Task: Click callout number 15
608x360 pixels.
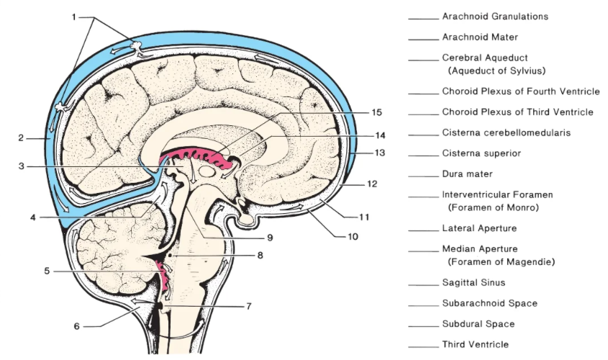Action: (376, 112)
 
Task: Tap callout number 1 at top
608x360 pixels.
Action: (74, 17)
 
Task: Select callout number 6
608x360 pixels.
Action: (77, 326)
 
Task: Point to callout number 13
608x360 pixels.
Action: (380, 153)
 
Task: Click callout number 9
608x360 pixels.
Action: (270, 238)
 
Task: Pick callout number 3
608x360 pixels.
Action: (22, 166)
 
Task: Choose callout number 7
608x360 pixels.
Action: (248, 307)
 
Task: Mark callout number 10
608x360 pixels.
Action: (353, 236)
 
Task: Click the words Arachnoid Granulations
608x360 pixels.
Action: (495, 17)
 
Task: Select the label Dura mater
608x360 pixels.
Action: (467, 174)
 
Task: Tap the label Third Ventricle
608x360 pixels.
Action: (476, 344)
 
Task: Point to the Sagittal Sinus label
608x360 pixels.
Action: (474, 282)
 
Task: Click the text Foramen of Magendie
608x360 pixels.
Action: (502, 262)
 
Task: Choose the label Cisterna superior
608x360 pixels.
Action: (481, 153)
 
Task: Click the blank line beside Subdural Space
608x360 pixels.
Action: (423, 327)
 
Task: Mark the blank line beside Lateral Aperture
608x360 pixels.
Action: (423, 231)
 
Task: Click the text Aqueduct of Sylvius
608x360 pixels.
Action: (497, 71)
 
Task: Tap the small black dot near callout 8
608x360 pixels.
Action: (170, 256)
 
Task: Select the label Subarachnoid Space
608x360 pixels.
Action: (490, 303)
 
